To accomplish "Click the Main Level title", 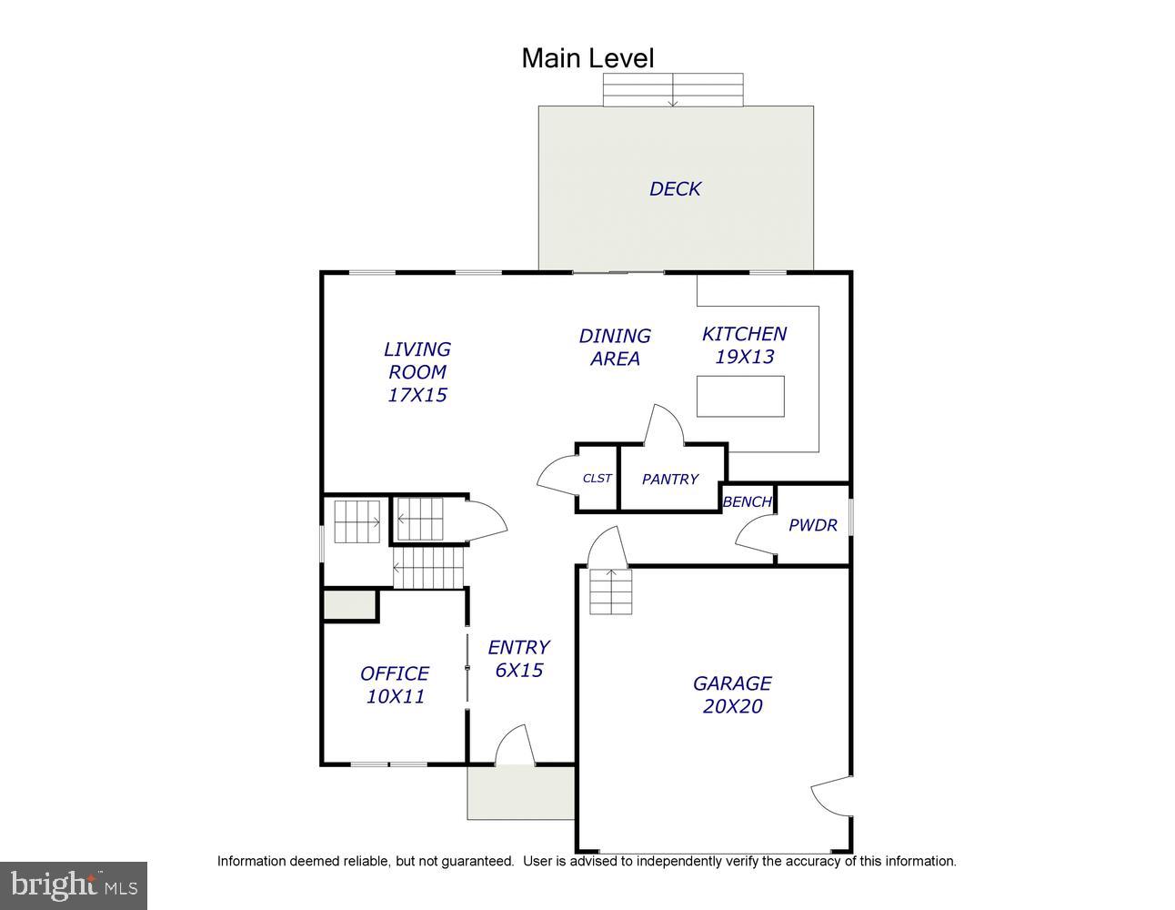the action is [x=587, y=58].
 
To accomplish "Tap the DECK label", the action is [x=675, y=188].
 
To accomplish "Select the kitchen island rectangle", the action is [x=740, y=397].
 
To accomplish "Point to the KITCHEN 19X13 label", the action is [x=744, y=345].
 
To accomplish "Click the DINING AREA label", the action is [x=615, y=348].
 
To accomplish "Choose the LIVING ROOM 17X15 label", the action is [x=417, y=372].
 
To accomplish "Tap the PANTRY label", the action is [x=670, y=479].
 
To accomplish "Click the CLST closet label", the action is [x=597, y=479].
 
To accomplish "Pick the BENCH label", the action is [x=748, y=502].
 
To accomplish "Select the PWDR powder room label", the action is [x=813, y=525].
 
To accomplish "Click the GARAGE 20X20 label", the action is [x=732, y=694].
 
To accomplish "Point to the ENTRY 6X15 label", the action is [x=518, y=659].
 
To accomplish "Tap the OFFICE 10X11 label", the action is [x=395, y=685].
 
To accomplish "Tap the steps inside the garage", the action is [x=610, y=591].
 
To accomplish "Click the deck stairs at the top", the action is [x=673, y=90].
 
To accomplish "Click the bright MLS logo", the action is [x=74, y=885].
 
